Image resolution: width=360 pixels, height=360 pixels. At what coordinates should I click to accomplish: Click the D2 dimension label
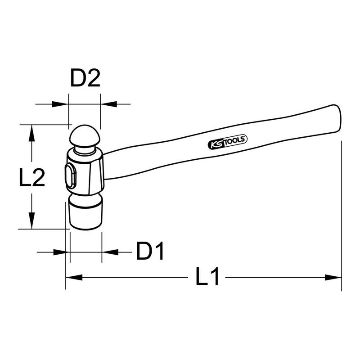click(x=85, y=79)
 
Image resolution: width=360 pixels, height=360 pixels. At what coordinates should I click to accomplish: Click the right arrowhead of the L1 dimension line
click(x=335, y=278)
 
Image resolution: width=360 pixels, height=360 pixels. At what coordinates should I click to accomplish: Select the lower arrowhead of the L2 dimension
click(x=31, y=223)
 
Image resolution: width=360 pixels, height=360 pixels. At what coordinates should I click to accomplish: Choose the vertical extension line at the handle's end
click(x=342, y=216)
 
